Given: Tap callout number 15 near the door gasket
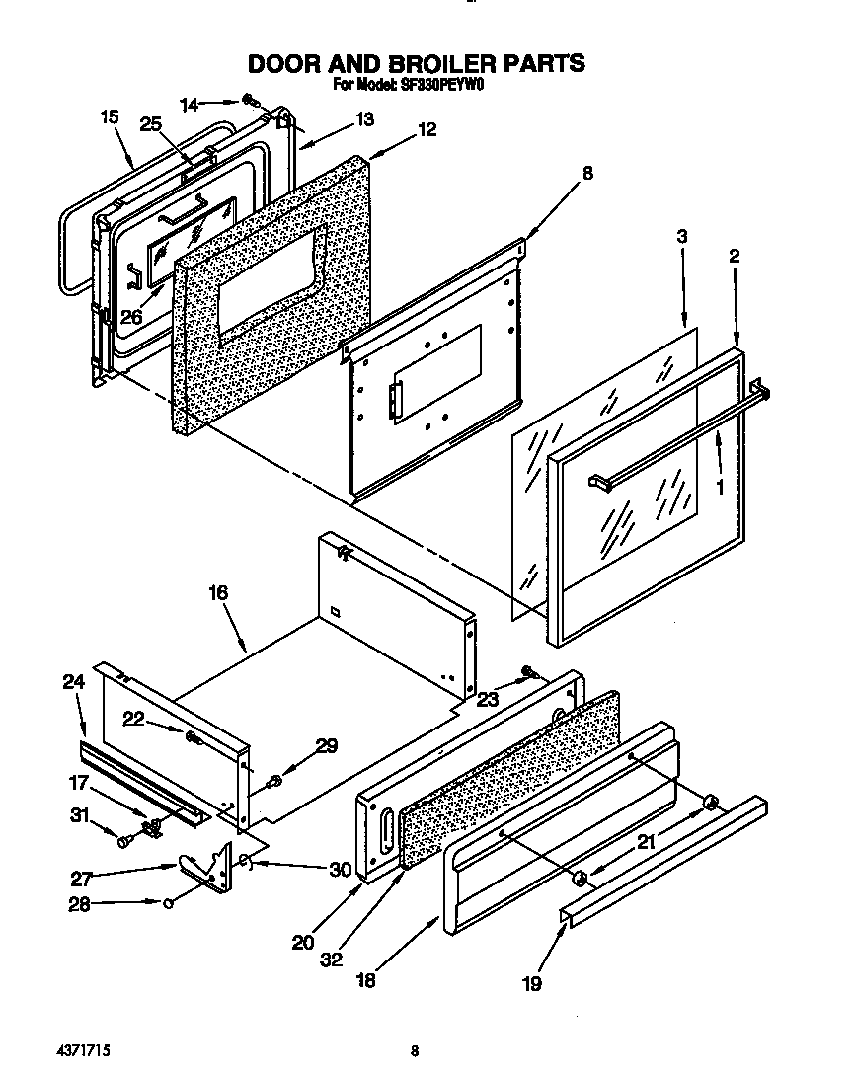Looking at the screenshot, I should click(x=110, y=117).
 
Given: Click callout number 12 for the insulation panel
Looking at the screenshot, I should click(x=426, y=129).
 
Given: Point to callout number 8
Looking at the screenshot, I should click(x=587, y=173).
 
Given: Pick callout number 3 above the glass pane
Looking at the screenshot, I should click(x=681, y=236).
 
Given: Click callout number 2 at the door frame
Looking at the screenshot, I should click(x=734, y=256).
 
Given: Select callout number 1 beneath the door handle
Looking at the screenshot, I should click(x=719, y=487).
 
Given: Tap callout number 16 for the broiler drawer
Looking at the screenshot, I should click(x=217, y=592).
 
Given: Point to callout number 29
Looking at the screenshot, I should click(x=327, y=745).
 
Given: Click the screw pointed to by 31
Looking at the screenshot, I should click(x=123, y=841).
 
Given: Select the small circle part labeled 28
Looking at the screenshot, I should click(x=169, y=901).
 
